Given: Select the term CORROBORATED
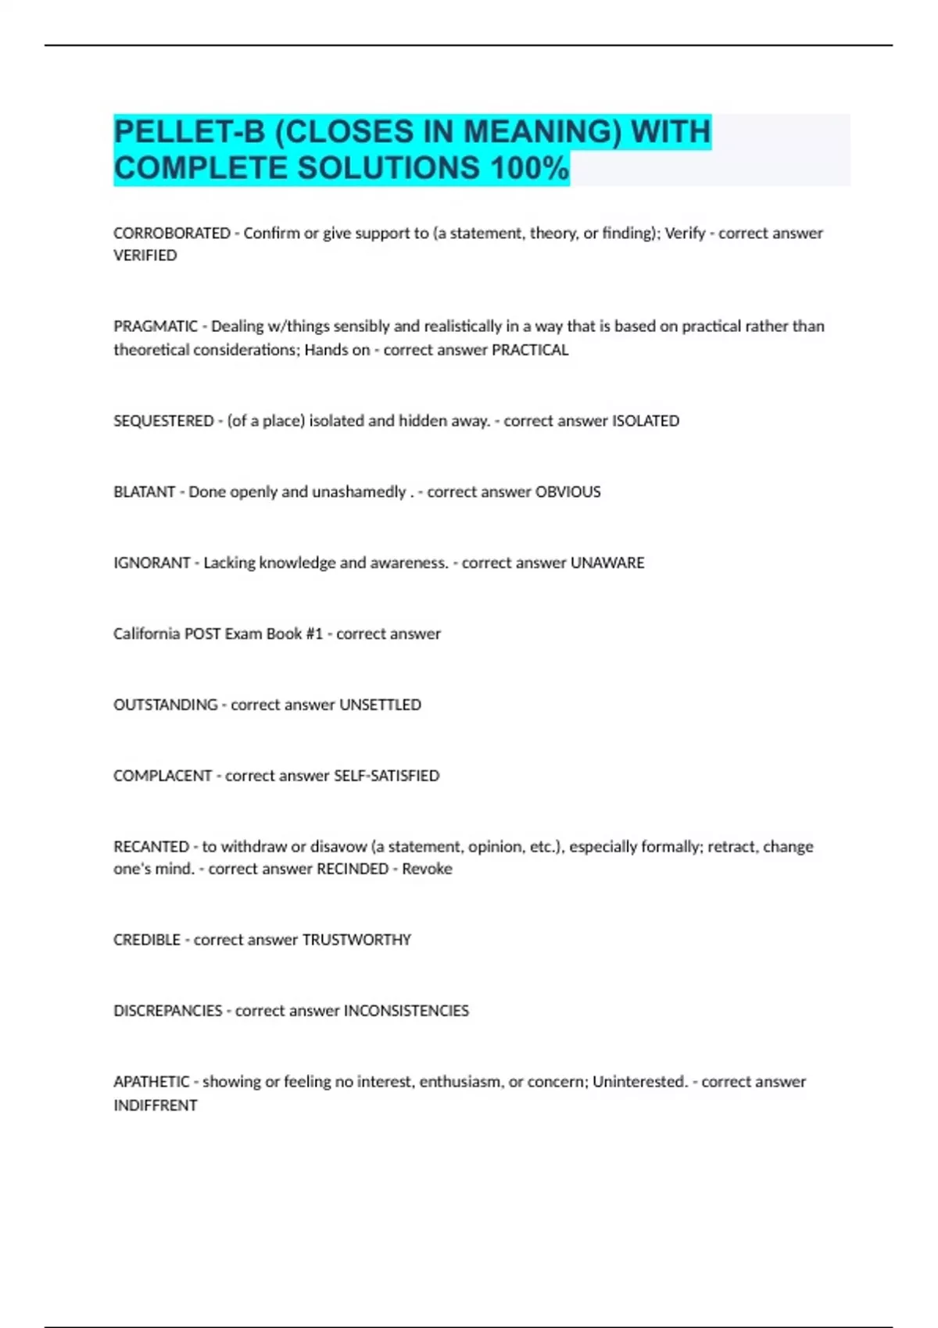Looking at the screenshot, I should coord(172,233).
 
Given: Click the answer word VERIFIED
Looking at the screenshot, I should coord(145,255).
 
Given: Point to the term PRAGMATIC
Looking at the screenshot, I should coord(156,326).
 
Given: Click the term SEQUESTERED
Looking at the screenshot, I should coord(163,420).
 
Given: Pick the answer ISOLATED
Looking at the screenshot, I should coord(645,420).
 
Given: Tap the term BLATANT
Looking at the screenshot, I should coord(144,491).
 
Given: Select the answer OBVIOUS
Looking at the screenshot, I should coord(567,491).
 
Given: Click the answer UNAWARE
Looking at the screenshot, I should coord(607,562).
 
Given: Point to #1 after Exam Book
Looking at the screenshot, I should coord(314,634).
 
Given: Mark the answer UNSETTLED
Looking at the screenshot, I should coord(380,705).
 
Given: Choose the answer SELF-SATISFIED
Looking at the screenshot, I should coord(387,776).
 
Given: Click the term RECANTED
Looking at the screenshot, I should coord(151,846).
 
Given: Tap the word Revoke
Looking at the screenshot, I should coord(427,869).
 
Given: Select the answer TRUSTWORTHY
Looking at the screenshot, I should coord(356,940).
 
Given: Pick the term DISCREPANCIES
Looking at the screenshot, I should coord(168,1011).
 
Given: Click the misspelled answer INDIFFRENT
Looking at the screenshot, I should coord(156,1105).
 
